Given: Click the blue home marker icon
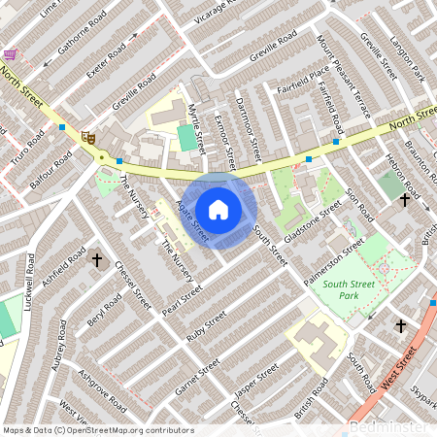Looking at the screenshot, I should point(218,210).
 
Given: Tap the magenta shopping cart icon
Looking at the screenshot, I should point(10,55).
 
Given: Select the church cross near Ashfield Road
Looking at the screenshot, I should point(96,259).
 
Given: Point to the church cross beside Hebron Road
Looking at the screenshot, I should point(404,200).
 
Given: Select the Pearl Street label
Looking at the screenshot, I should point(182,295).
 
